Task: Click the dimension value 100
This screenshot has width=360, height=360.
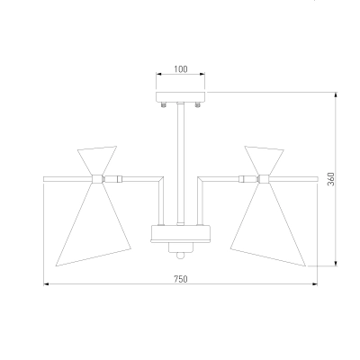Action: (181, 69)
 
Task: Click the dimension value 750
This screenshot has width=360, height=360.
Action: (181, 279)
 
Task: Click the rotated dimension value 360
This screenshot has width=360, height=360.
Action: (330, 179)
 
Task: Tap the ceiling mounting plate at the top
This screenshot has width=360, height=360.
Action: (181, 97)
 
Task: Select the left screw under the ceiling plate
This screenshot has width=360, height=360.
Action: (164, 104)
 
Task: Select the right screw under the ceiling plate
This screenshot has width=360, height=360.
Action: (197, 104)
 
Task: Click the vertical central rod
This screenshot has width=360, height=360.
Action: (180, 164)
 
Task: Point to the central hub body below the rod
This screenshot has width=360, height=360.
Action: (180, 234)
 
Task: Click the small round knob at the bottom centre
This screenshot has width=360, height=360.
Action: (180, 256)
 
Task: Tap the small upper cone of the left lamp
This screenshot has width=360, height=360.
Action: (97, 159)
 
